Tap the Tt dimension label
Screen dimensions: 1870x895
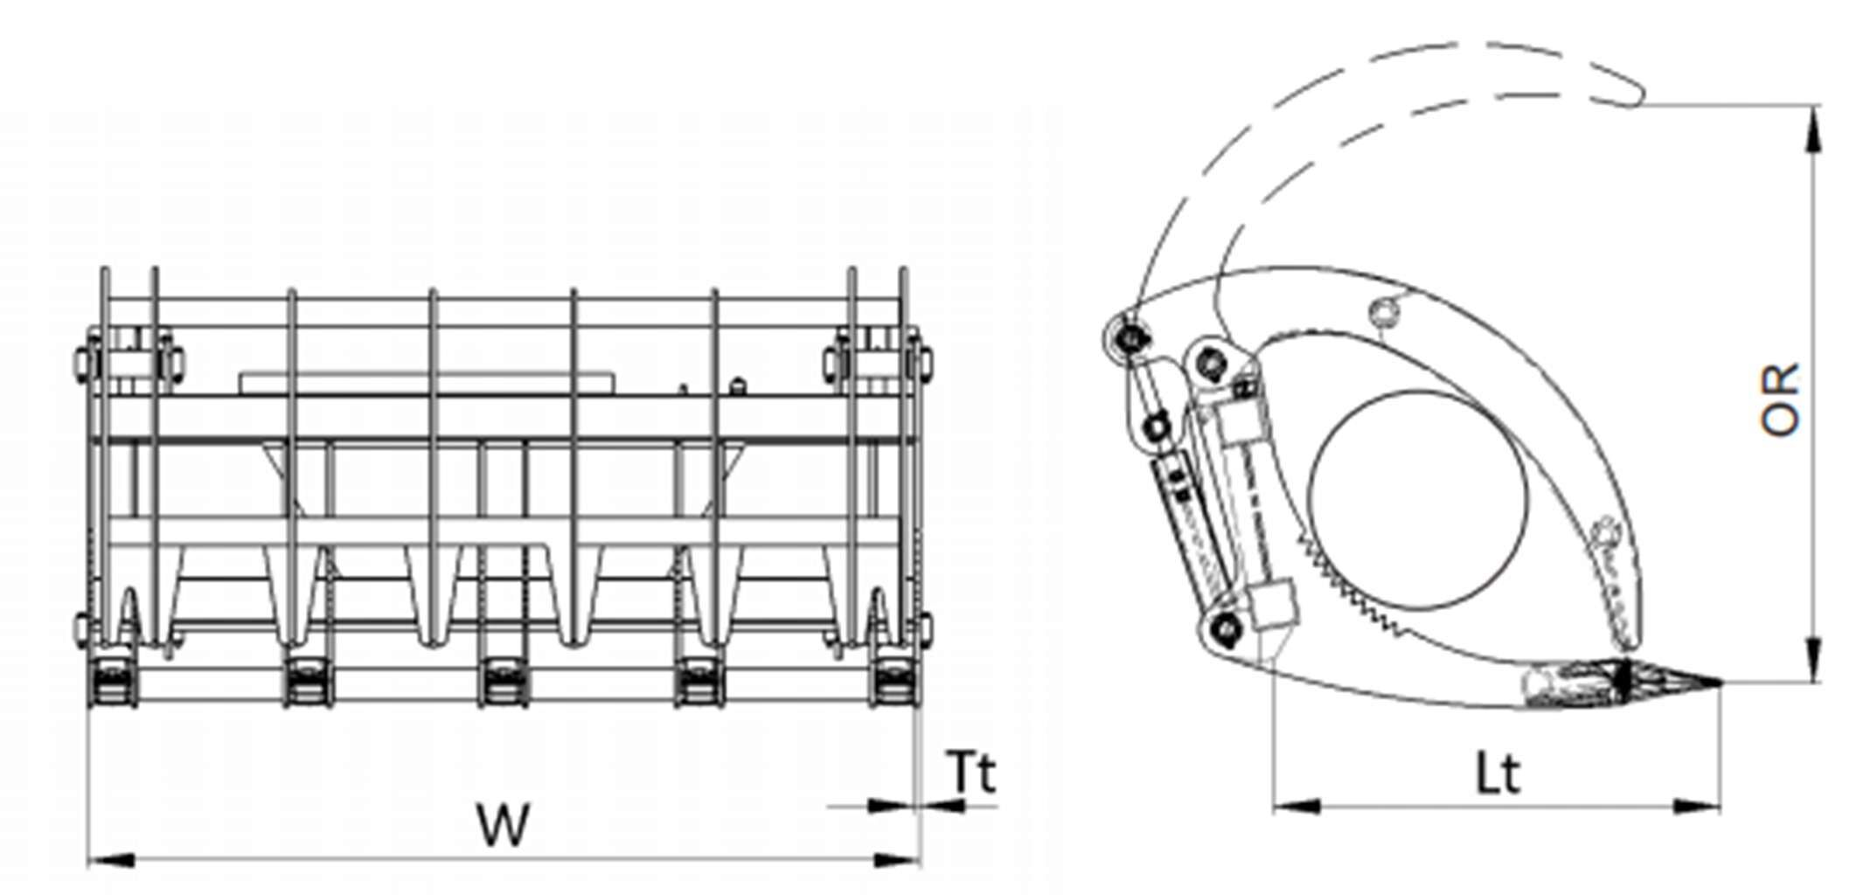[x=971, y=773]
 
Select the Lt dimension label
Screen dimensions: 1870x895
[x=1498, y=774]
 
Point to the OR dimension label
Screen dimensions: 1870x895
[x=1780, y=399]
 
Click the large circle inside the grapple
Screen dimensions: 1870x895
[x=1419, y=496]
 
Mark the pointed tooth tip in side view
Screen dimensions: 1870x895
[x=1719, y=683]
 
